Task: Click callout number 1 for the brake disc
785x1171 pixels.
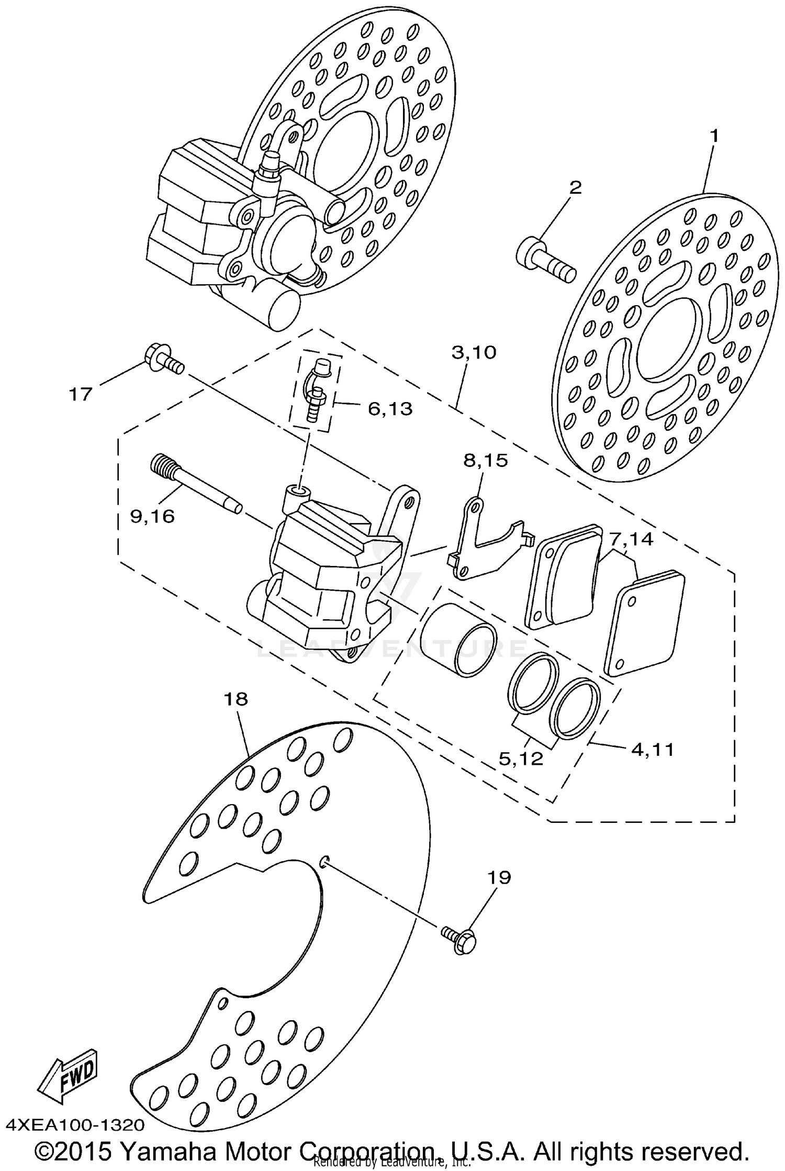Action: click(x=713, y=137)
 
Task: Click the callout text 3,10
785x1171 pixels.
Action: click(x=474, y=352)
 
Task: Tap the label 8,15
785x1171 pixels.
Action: click(x=485, y=461)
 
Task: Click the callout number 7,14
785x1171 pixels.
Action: click(x=630, y=539)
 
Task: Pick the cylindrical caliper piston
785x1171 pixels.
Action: click(x=459, y=640)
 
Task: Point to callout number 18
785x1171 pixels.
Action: click(x=235, y=699)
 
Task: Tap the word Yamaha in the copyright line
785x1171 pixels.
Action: click(x=166, y=1151)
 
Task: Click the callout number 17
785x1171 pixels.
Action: click(x=81, y=394)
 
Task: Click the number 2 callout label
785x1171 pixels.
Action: click(x=575, y=187)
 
